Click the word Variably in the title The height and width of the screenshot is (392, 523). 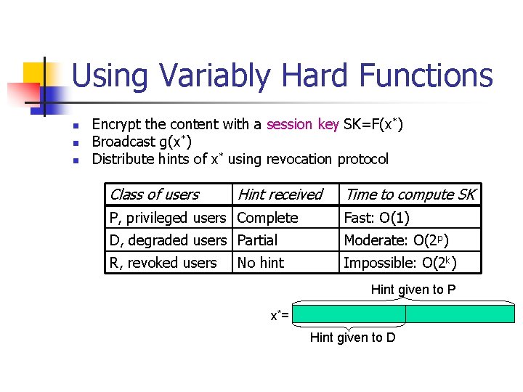212,76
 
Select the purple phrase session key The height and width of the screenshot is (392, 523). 302,124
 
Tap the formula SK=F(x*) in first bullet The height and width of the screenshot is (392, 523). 373,124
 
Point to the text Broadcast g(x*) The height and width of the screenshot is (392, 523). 142,142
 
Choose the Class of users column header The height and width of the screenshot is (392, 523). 153,195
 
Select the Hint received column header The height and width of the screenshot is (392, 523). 280,195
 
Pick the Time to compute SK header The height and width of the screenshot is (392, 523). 410,195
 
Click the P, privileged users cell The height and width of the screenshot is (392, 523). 167,218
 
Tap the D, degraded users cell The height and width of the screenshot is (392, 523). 167,240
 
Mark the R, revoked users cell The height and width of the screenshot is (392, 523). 163,263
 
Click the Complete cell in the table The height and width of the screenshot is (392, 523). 267,218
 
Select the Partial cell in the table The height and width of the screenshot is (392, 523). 257,240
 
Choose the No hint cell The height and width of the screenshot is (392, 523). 261,263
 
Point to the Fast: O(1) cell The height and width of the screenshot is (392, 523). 376,218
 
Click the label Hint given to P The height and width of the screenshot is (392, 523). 413,290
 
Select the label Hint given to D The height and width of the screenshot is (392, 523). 352,338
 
